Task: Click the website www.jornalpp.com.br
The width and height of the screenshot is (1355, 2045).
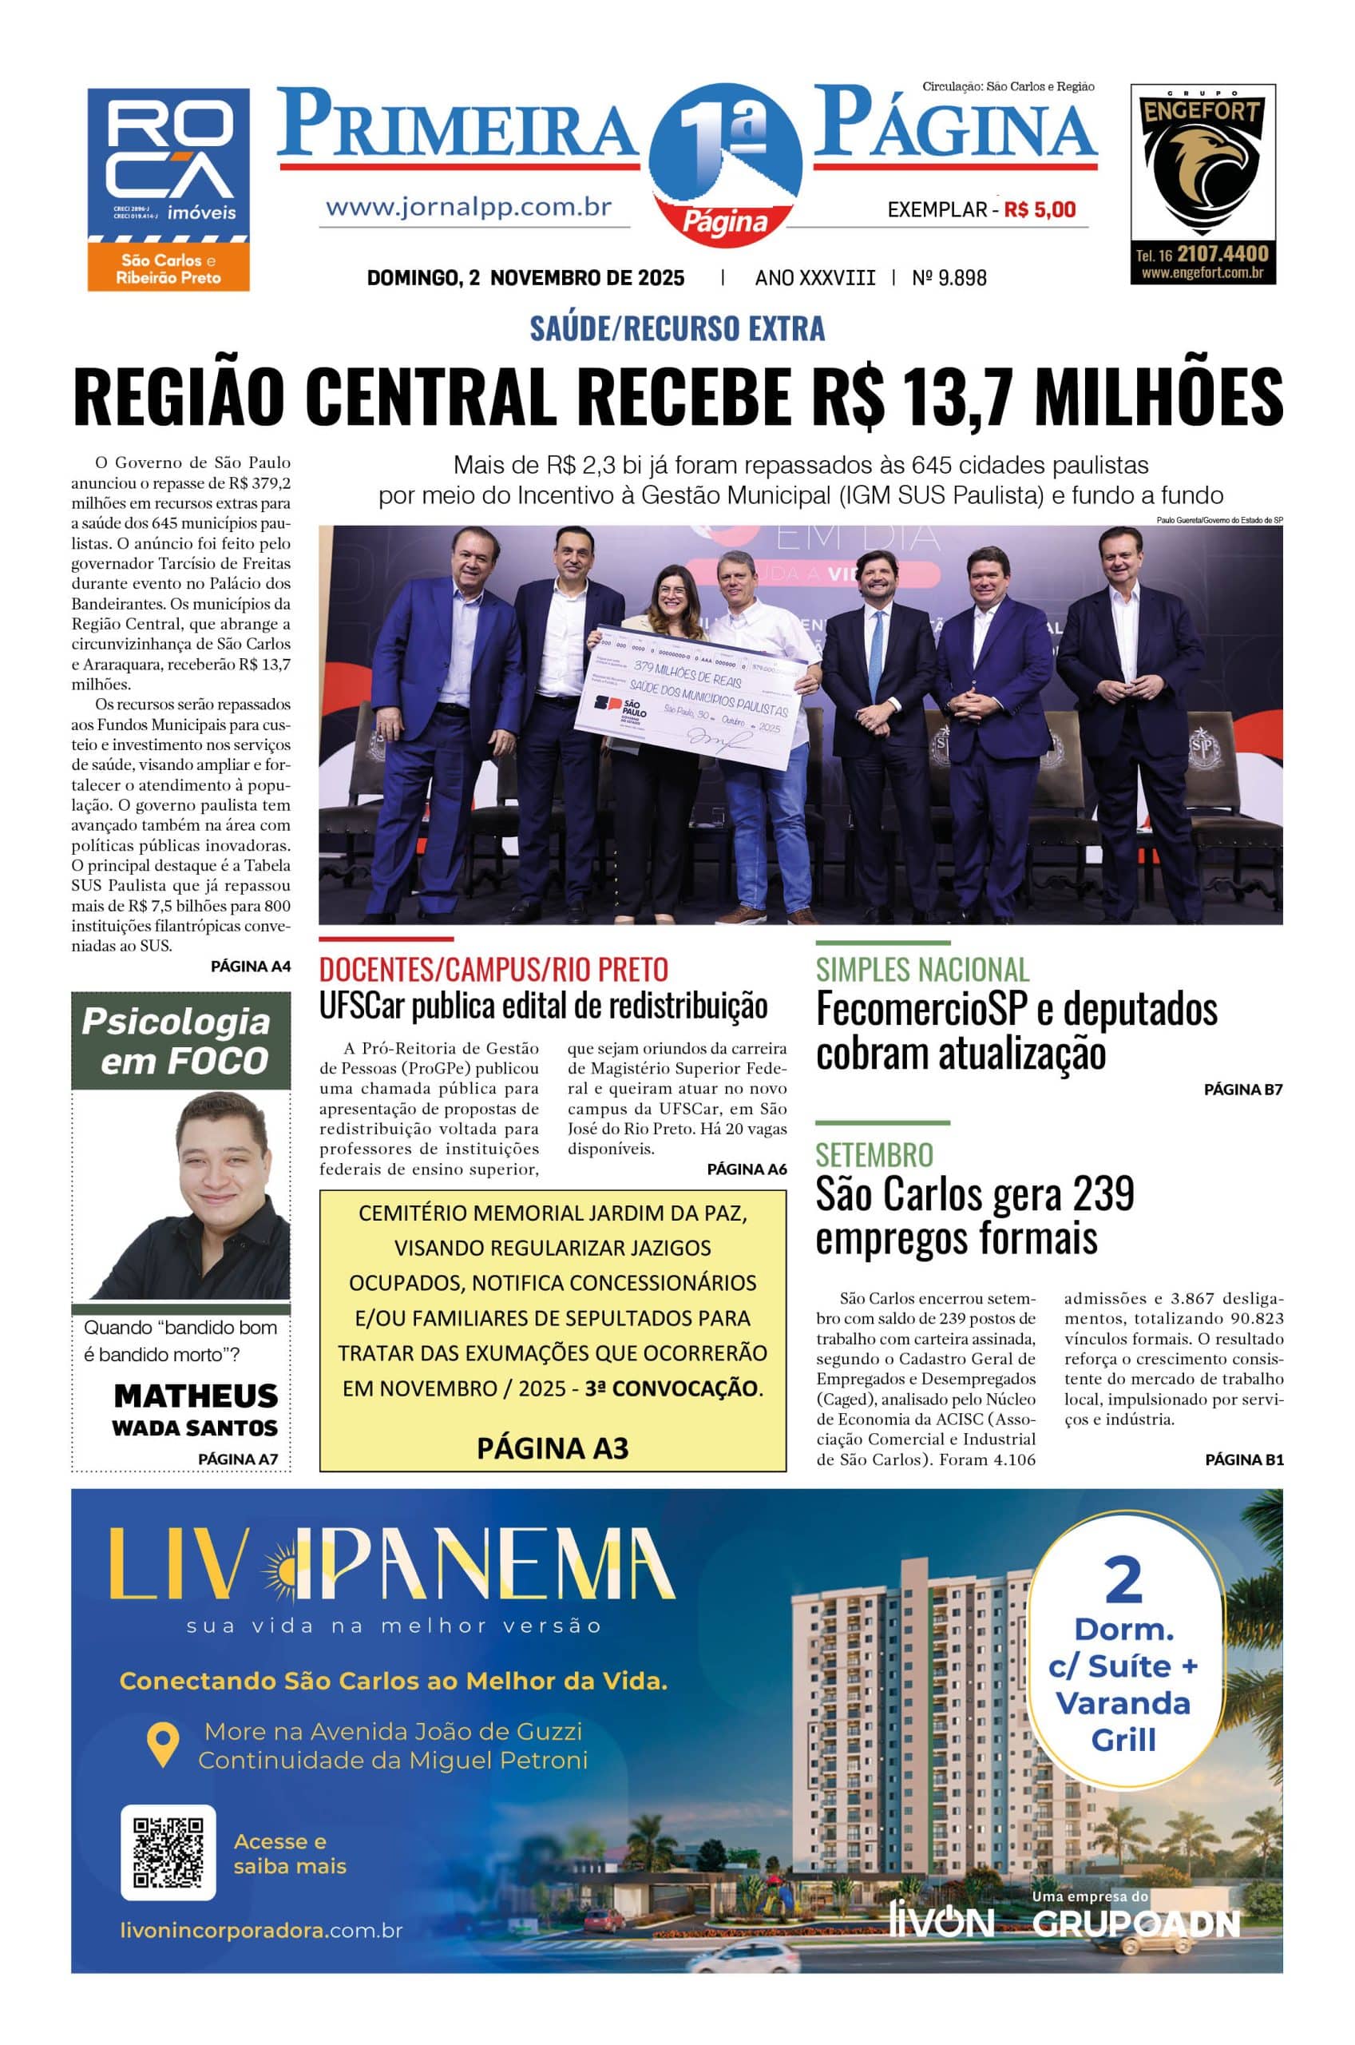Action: tap(469, 208)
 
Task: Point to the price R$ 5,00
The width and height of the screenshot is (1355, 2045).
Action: tap(1040, 209)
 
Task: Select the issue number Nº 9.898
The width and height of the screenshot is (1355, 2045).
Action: tap(949, 277)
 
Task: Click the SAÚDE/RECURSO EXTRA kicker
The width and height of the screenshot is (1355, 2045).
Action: tap(676, 328)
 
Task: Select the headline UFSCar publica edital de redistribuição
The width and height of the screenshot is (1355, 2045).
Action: tap(543, 1006)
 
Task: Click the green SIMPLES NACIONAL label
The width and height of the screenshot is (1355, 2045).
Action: tap(922, 970)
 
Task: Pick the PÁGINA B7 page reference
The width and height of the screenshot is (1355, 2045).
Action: tap(1242, 1090)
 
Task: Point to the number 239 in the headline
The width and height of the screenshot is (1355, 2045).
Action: tap(1103, 1193)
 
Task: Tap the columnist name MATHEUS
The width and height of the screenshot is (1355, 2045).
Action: tap(196, 1395)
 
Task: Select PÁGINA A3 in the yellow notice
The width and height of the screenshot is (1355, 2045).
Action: tap(553, 1447)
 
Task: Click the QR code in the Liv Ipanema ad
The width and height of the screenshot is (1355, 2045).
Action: tap(168, 1852)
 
